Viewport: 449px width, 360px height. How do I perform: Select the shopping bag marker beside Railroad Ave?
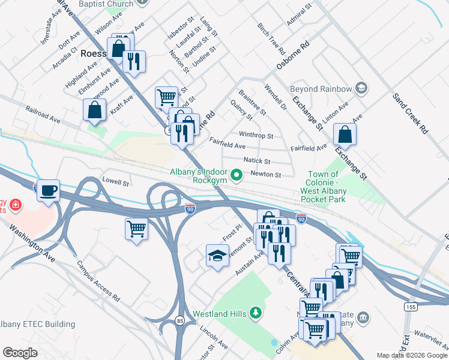[95, 110]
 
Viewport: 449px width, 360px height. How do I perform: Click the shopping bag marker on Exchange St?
[345, 134]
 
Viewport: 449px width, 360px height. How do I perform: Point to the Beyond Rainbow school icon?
[361, 89]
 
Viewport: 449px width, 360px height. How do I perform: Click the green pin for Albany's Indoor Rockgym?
[237, 175]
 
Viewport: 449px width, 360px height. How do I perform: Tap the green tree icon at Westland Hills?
[256, 313]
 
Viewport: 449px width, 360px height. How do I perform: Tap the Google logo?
[20, 352]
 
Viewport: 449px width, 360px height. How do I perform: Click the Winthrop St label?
[256, 136]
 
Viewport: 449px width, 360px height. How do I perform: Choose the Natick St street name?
[257, 161]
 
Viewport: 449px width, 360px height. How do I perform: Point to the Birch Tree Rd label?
[270, 37]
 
